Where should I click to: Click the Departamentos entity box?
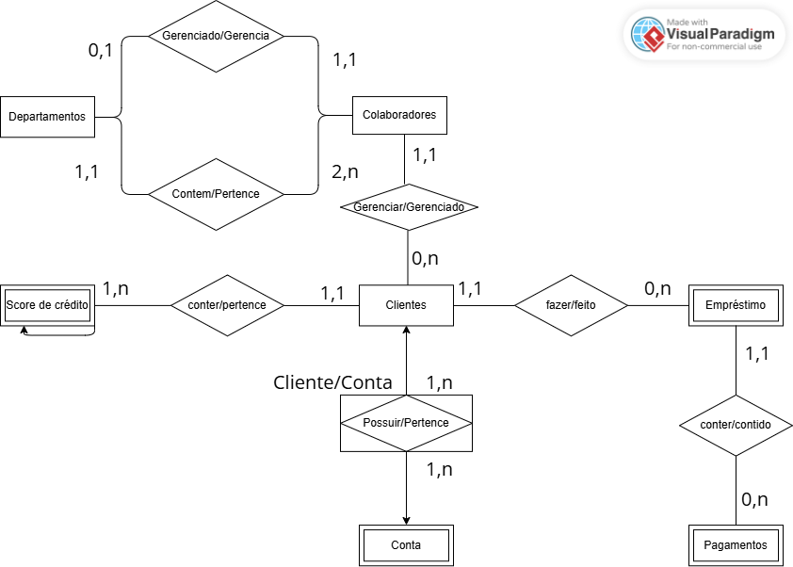point(47,117)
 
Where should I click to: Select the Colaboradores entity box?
point(399,115)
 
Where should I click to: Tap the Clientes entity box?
point(406,305)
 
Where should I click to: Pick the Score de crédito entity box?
point(47,305)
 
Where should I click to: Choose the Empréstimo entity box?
point(736,305)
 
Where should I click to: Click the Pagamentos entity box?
point(736,545)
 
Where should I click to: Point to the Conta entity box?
point(406,545)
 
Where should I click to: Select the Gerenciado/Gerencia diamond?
point(216,37)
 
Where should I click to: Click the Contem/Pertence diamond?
point(216,194)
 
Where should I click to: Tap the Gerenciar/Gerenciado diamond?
point(408,207)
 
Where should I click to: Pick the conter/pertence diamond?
point(227,305)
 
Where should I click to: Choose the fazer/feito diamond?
point(571,305)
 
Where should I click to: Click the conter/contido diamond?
point(736,425)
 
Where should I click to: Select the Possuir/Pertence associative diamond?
point(406,423)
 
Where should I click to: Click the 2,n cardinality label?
point(346,172)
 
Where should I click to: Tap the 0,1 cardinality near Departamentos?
point(100,51)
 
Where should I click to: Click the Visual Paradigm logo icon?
point(647,35)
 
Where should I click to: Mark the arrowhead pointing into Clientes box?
point(406,332)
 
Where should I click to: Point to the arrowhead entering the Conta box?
point(406,520)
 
